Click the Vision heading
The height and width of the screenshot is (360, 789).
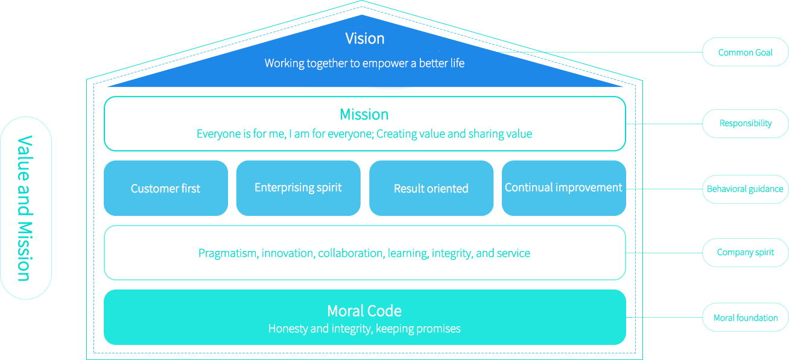pyautogui.click(x=364, y=39)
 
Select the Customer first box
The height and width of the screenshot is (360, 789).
pyautogui.click(x=165, y=188)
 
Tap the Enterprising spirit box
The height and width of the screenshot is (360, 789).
pyautogui.click(x=298, y=188)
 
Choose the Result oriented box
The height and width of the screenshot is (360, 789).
pyautogui.click(x=431, y=188)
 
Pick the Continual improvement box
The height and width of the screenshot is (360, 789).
pyautogui.click(x=563, y=188)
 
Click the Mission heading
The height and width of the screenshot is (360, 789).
pyautogui.click(x=364, y=115)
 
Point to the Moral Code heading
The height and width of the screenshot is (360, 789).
pyautogui.click(x=364, y=311)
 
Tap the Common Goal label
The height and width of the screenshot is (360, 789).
pyautogui.click(x=745, y=52)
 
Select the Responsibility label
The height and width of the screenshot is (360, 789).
pyautogui.click(x=746, y=124)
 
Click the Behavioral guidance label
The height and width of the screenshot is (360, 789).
pyautogui.click(x=747, y=189)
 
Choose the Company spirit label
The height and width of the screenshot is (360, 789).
pyautogui.click(x=745, y=253)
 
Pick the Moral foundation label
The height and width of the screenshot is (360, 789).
pyautogui.click(x=746, y=318)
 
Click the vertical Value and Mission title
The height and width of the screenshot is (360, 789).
pyautogui.click(x=25, y=208)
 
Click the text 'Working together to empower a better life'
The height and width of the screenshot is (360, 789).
pyautogui.click(x=364, y=63)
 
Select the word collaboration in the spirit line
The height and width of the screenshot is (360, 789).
pyautogui.click(x=350, y=253)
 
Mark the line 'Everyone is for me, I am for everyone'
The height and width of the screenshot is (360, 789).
pyautogui.click(x=284, y=134)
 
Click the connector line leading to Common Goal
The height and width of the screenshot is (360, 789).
pyautogui.click(x=603, y=52)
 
